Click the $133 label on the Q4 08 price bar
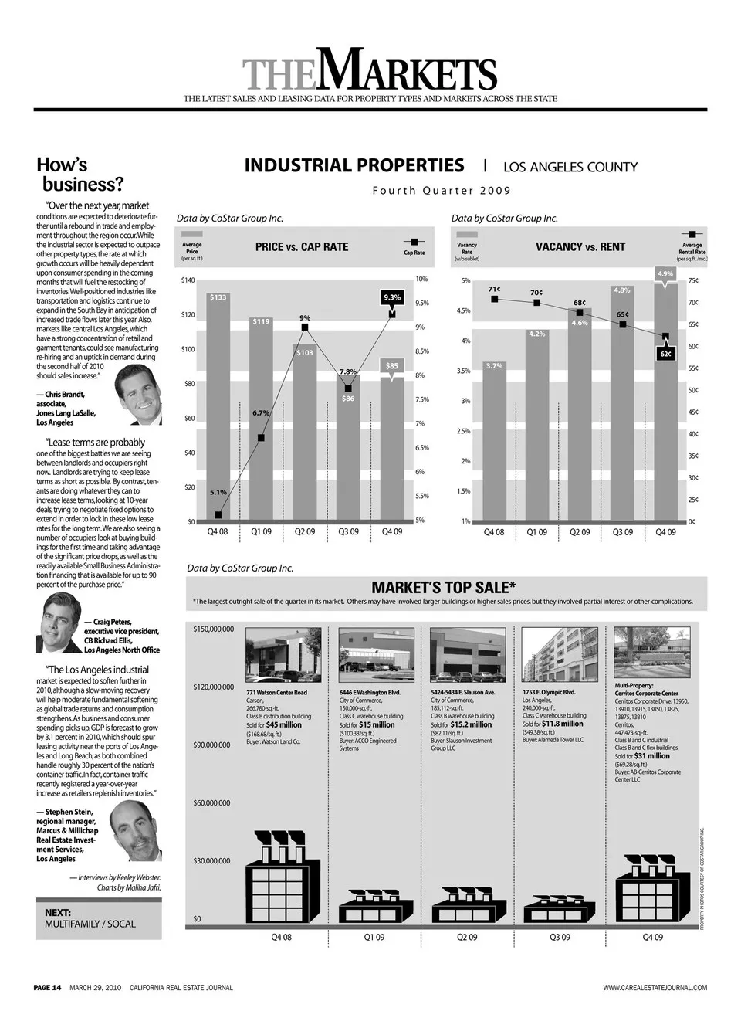tap(218, 297)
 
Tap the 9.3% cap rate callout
tap(392, 297)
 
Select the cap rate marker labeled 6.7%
tap(262, 438)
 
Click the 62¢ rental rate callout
tap(666, 354)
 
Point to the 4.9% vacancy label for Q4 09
tap(665, 274)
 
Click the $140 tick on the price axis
tap(188, 280)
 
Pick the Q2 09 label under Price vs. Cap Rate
tap(305, 532)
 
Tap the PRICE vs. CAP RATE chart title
tap(302, 247)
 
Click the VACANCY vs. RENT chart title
tap(580, 247)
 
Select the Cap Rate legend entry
tap(414, 247)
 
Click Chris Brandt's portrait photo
tap(139, 395)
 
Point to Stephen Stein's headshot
tap(135, 831)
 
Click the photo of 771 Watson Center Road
tap(283, 655)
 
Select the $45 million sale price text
tap(284, 725)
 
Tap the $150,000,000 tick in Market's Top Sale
tap(213, 629)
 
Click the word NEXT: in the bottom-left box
tap(58, 912)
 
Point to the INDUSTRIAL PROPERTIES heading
tap(354, 166)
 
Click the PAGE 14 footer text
tap(47, 987)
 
